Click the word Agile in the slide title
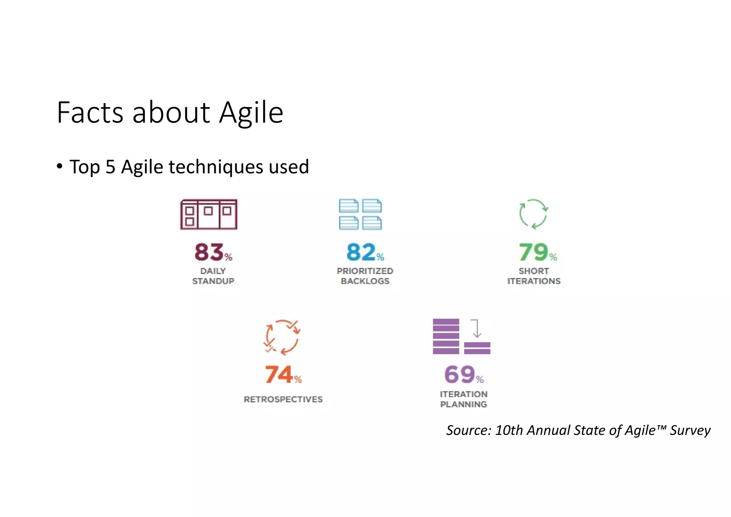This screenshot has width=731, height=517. [x=251, y=113]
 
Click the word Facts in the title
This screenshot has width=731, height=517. [x=90, y=113]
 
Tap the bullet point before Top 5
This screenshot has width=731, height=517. [x=60, y=166]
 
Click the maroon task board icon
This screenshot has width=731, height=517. [x=209, y=214]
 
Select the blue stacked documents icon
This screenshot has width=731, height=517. [x=360, y=214]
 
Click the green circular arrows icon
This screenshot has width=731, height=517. [x=533, y=214]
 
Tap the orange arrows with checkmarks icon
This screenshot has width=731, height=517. [x=282, y=337]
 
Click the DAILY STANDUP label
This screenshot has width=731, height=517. [x=213, y=276]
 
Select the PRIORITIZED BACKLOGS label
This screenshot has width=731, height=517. [x=365, y=276]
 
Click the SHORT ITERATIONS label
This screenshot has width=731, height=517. [x=534, y=276]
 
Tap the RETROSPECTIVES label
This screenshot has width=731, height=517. [x=283, y=399]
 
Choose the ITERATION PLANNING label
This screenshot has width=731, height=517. [x=463, y=399]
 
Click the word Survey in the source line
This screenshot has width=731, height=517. [x=690, y=430]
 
